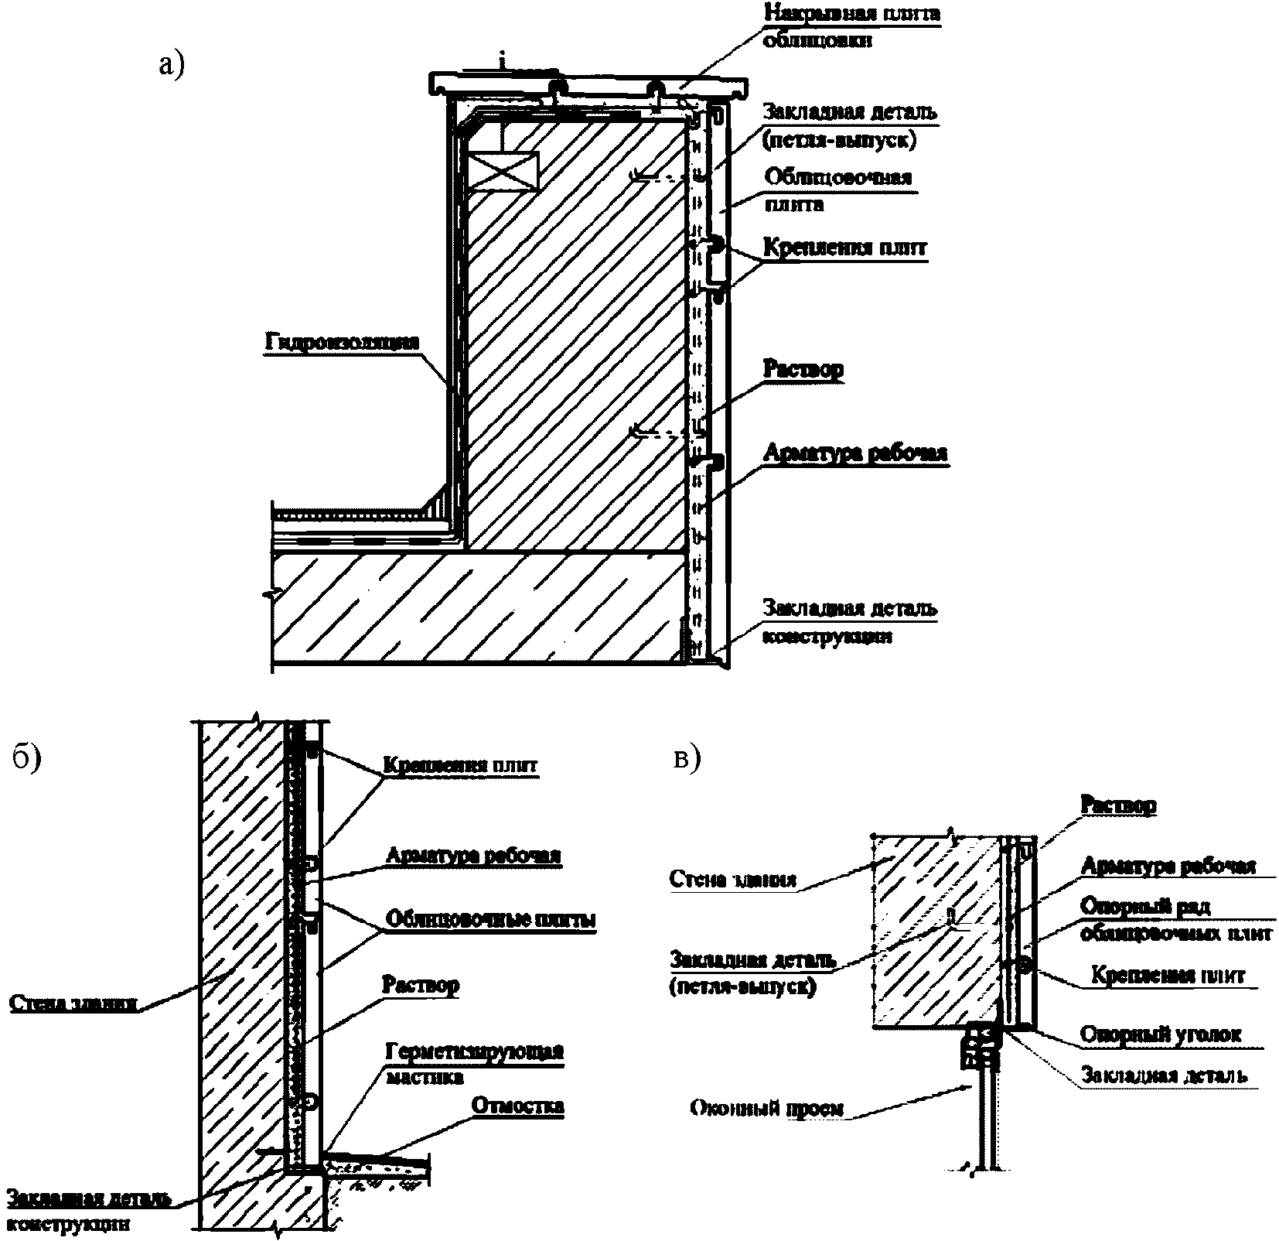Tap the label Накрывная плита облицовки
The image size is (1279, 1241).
[851, 26]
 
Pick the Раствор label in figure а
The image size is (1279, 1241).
[803, 369]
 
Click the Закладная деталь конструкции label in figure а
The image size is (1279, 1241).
[850, 622]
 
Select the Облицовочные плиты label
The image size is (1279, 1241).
[491, 920]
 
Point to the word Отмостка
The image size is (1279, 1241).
[517, 1105]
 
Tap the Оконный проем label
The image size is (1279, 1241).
[766, 1109]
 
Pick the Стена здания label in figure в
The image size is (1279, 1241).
[732, 879]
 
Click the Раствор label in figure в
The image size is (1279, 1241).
[1117, 805]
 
